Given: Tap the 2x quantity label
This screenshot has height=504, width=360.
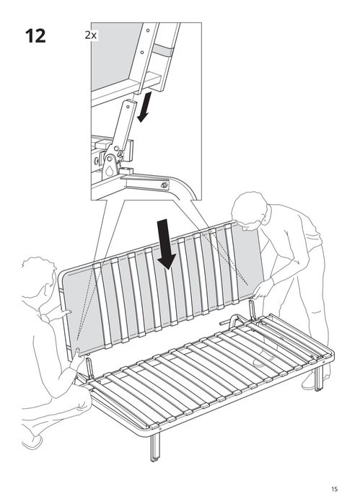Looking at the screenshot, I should click(x=92, y=34).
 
